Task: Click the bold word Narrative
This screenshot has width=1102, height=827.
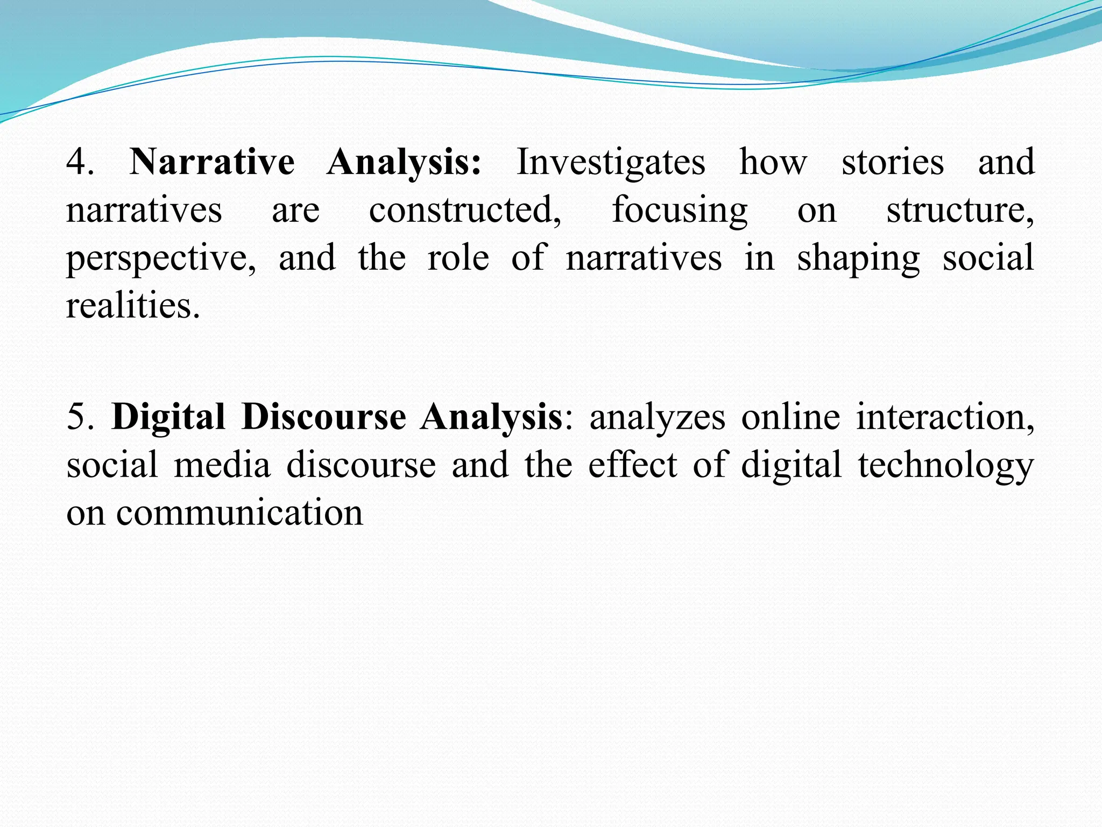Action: (x=212, y=162)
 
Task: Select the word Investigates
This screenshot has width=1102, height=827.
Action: (x=611, y=162)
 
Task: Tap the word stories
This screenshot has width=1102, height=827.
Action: (x=893, y=162)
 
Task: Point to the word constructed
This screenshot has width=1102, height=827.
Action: (x=464, y=209)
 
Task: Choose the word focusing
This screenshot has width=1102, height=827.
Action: (x=680, y=211)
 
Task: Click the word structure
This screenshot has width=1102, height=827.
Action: (x=959, y=209)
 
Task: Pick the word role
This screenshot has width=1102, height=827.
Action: (x=458, y=257)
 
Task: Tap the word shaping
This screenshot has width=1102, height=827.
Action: (x=858, y=258)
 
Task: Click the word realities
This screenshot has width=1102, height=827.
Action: (x=132, y=305)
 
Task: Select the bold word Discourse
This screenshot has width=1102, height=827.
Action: (x=323, y=417)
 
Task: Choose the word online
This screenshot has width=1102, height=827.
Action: (x=790, y=417)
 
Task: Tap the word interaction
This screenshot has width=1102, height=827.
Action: (x=944, y=417)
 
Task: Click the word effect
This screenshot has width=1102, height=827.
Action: (x=632, y=465)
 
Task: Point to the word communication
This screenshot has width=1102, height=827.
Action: (x=239, y=513)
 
